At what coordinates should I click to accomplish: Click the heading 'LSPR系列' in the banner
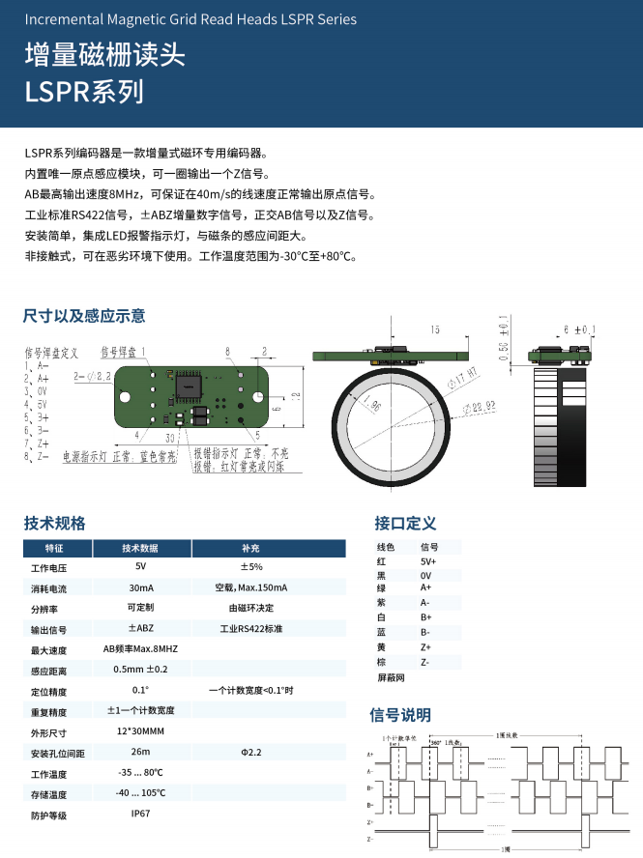tap(84, 92)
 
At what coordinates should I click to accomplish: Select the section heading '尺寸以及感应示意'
tap(84, 315)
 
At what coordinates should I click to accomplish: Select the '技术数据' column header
tap(140, 548)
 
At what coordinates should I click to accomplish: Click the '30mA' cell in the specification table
tap(140, 587)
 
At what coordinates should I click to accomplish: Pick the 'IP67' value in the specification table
tap(140, 815)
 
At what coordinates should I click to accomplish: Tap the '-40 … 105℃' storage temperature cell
tap(140, 793)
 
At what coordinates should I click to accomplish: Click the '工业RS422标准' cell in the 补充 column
tap(250, 629)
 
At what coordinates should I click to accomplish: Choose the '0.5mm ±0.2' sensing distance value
tap(140, 669)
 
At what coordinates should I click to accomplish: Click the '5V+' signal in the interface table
tap(428, 561)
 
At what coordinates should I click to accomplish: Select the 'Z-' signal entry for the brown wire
tap(425, 662)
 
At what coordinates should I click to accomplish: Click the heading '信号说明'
tap(400, 715)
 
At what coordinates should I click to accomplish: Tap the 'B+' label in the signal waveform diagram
tap(370, 787)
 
